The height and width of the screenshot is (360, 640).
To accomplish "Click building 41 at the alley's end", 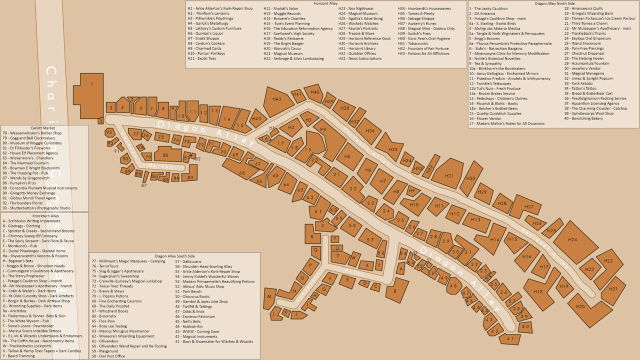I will tap(510, 339).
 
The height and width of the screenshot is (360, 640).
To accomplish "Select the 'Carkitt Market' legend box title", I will tap(42, 128).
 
